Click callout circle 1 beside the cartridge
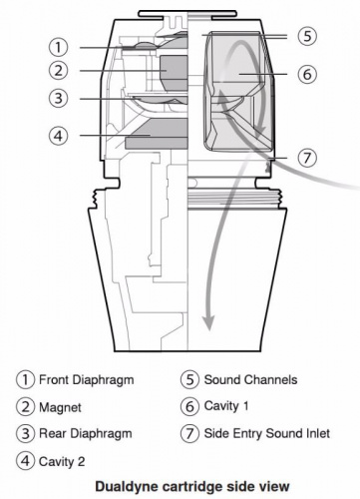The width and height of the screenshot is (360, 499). [x=59, y=47]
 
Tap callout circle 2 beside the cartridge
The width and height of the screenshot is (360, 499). [x=59, y=71]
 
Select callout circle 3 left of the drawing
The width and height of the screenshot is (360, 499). [x=59, y=98]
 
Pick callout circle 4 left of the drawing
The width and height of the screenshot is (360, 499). [x=59, y=135]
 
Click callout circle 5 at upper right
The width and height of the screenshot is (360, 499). [x=307, y=36]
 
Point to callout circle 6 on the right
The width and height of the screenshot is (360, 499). [x=307, y=74]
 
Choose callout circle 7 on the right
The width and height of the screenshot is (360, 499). [x=307, y=158]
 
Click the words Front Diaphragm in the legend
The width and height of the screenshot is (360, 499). [x=87, y=380]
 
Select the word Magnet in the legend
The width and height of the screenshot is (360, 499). [x=60, y=407]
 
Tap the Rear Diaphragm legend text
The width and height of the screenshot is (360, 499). [x=86, y=434]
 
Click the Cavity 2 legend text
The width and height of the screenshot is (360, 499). [x=62, y=461]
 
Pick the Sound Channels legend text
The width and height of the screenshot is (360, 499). [x=250, y=379]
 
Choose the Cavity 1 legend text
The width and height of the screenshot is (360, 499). [x=226, y=406]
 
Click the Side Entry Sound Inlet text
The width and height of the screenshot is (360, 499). [x=267, y=433]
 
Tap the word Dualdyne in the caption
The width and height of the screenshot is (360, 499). [x=127, y=486]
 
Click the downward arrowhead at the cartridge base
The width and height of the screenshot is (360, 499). [x=208, y=323]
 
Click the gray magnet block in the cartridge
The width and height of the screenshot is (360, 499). [x=174, y=73]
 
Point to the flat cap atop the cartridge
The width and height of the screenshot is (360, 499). [x=187, y=13]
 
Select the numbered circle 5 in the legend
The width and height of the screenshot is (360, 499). [x=190, y=379]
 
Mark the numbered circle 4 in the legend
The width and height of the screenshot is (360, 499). [x=25, y=461]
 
